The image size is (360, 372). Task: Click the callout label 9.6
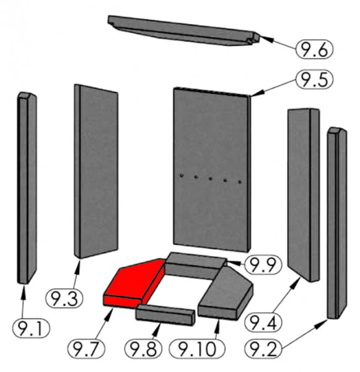click(x=314, y=50)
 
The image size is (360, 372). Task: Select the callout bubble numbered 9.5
click(x=314, y=79)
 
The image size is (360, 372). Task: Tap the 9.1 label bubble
click(x=32, y=329)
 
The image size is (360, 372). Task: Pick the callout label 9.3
click(x=64, y=299)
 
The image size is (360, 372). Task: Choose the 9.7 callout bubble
click(x=86, y=348)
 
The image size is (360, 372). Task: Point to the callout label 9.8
click(x=143, y=348)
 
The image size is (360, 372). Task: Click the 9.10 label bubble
click(x=196, y=348)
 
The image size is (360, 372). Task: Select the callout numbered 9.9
click(x=263, y=265)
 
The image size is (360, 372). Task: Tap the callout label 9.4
click(x=263, y=322)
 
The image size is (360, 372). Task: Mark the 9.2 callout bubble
click(x=263, y=348)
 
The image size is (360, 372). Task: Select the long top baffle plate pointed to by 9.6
click(x=184, y=30)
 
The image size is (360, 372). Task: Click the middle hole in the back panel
click(x=210, y=179)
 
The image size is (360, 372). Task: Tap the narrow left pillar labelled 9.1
click(x=27, y=187)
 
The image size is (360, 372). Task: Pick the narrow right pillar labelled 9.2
click(x=336, y=223)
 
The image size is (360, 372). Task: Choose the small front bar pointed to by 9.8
click(x=165, y=315)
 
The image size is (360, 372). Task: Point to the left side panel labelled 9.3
click(x=96, y=171)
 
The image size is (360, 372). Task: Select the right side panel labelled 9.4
click(x=304, y=195)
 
